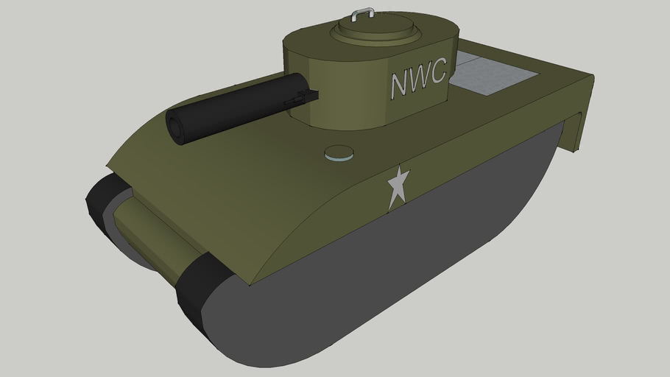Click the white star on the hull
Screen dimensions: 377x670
[398, 187]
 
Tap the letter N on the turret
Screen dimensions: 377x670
[400, 84]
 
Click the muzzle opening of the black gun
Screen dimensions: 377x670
[177, 130]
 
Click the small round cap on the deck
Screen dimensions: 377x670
[339, 152]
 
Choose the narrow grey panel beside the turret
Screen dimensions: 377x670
[472, 57]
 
